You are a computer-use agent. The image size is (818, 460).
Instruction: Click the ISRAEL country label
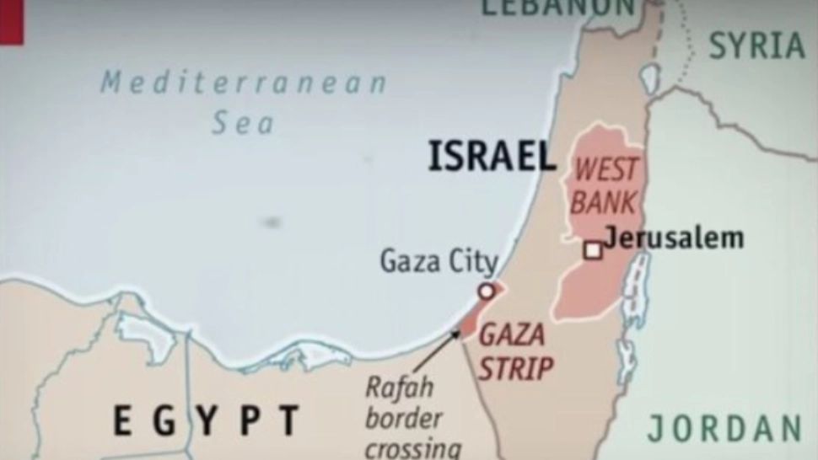click(492, 157)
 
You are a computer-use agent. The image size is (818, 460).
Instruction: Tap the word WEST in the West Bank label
click(605, 170)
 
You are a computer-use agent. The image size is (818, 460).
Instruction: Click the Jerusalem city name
click(675, 238)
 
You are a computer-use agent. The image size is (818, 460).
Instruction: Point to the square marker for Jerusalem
click(594, 250)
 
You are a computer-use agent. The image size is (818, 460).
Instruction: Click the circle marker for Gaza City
click(486, 292)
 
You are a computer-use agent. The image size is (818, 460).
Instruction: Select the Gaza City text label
click(439, 261)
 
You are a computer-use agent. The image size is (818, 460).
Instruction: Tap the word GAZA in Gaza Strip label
click(511, 335)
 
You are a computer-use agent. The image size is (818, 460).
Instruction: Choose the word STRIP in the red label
click(516, 367)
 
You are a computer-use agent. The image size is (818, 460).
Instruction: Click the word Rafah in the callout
click(399, 388)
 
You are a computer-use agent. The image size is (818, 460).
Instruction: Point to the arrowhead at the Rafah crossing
click(457, 334)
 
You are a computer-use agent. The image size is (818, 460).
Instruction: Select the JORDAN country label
click(724, 428)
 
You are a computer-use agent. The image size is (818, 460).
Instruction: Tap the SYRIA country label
click(756, 45)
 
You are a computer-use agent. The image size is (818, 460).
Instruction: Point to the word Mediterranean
click(244, 83)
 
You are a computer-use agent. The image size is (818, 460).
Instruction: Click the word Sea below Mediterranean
click(243, 124)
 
